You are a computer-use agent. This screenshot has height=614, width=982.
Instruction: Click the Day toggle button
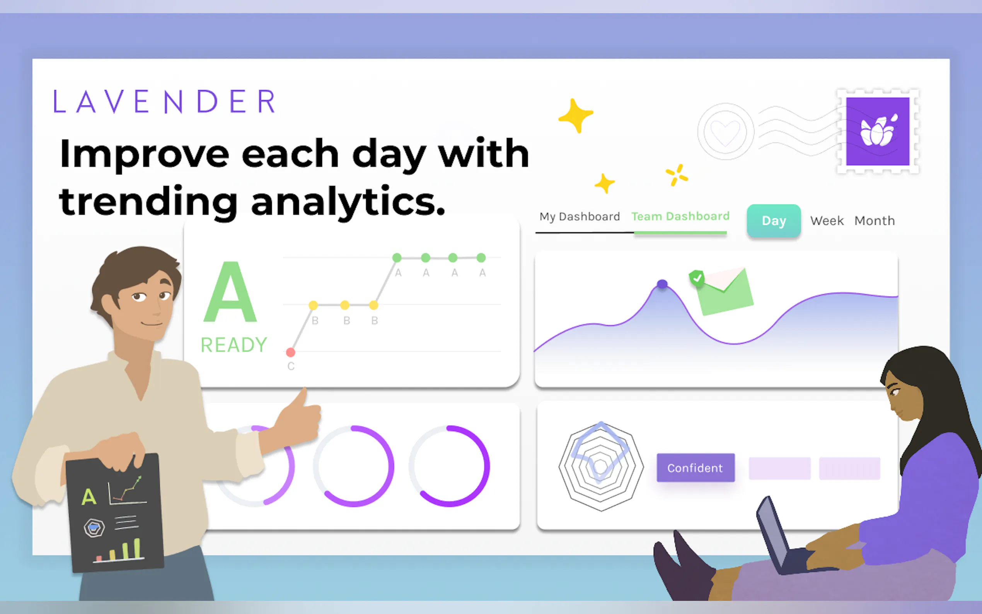(x=774, y=220)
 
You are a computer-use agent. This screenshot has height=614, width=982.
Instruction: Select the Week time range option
(x=827, y=220)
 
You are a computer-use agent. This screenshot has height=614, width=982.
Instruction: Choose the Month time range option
(x=875, y=220)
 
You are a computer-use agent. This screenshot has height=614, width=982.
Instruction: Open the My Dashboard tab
(x=580, y=217)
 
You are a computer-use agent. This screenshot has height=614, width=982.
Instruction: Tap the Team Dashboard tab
(x=680, y=216)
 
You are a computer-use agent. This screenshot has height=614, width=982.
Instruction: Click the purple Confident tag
(x=696, y=468)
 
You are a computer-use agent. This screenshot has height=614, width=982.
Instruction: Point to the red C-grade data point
(x=290, y=352)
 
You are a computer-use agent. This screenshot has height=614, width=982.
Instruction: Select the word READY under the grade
(x=234, y=345)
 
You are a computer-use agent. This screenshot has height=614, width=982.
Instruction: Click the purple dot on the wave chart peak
(x=662, y=284)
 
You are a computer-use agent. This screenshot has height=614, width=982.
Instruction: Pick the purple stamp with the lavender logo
(x=878, y=131)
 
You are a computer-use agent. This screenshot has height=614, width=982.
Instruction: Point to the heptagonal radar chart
(x=601, y=466)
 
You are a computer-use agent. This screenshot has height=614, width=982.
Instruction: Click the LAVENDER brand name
(x=165, y=101)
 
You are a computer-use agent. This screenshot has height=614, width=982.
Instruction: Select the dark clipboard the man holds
(x=115, y=512)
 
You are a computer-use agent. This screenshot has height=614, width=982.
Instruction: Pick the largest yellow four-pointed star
(x=576, y=115)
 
